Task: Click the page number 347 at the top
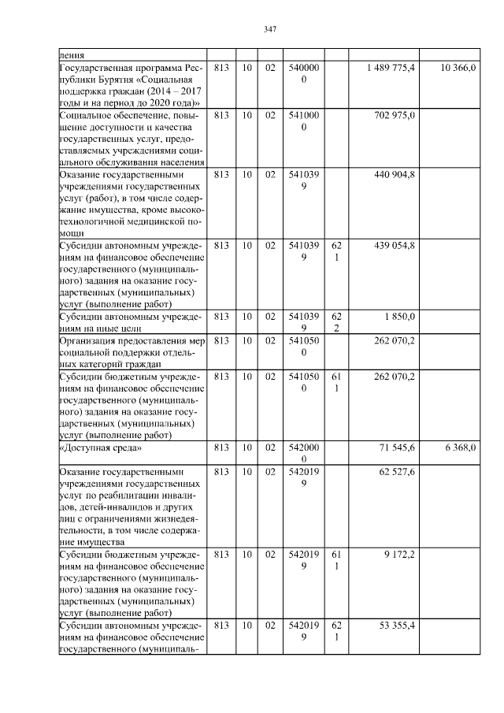click(x=269, y=29)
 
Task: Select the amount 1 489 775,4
click(x=391, y=69)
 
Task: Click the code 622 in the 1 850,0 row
click(x=336, y=321)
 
